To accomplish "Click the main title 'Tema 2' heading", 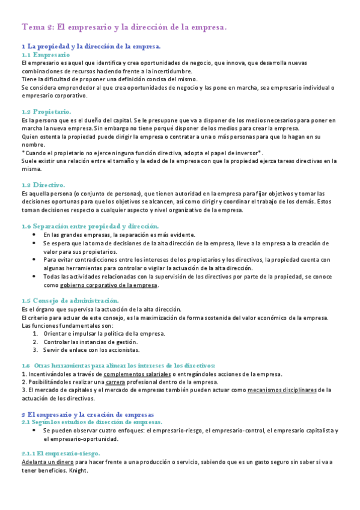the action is (x=124, y=27).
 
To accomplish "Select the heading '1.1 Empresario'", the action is (x=45, y=54).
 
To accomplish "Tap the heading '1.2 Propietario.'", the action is (x=46, y=112).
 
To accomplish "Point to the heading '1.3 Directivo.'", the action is (x=43, y=185).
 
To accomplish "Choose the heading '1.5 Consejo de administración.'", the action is (x=70, y=300).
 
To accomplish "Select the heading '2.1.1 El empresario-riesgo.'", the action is (x=61, y=453).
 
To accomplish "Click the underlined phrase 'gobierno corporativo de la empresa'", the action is (x=109, y=285).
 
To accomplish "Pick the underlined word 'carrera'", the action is (x=115, y=382).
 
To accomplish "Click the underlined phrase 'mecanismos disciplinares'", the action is (x=282, y=390).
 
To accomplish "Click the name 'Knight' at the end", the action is (x=79, y=470).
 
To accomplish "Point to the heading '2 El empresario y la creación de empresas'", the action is (x=88, y=414).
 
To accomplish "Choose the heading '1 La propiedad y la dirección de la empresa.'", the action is (x=91, y=46).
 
